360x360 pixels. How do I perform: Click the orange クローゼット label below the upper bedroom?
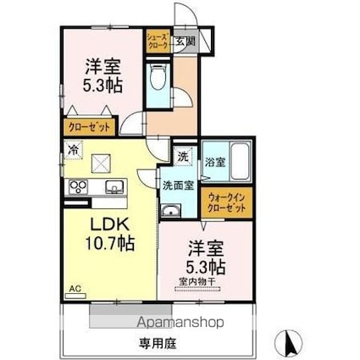pos(88,126)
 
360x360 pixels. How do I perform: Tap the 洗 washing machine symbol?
pos(183,155)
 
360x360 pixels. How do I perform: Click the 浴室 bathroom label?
pos(215,162)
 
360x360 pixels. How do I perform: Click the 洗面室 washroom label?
pos(178,184)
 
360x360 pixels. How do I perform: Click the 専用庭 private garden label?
pos(158,344)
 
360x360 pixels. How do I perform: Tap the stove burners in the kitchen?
pos(78,188)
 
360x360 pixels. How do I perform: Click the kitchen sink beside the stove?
pos(112,187)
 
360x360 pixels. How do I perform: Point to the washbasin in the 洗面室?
pos(171,212)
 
